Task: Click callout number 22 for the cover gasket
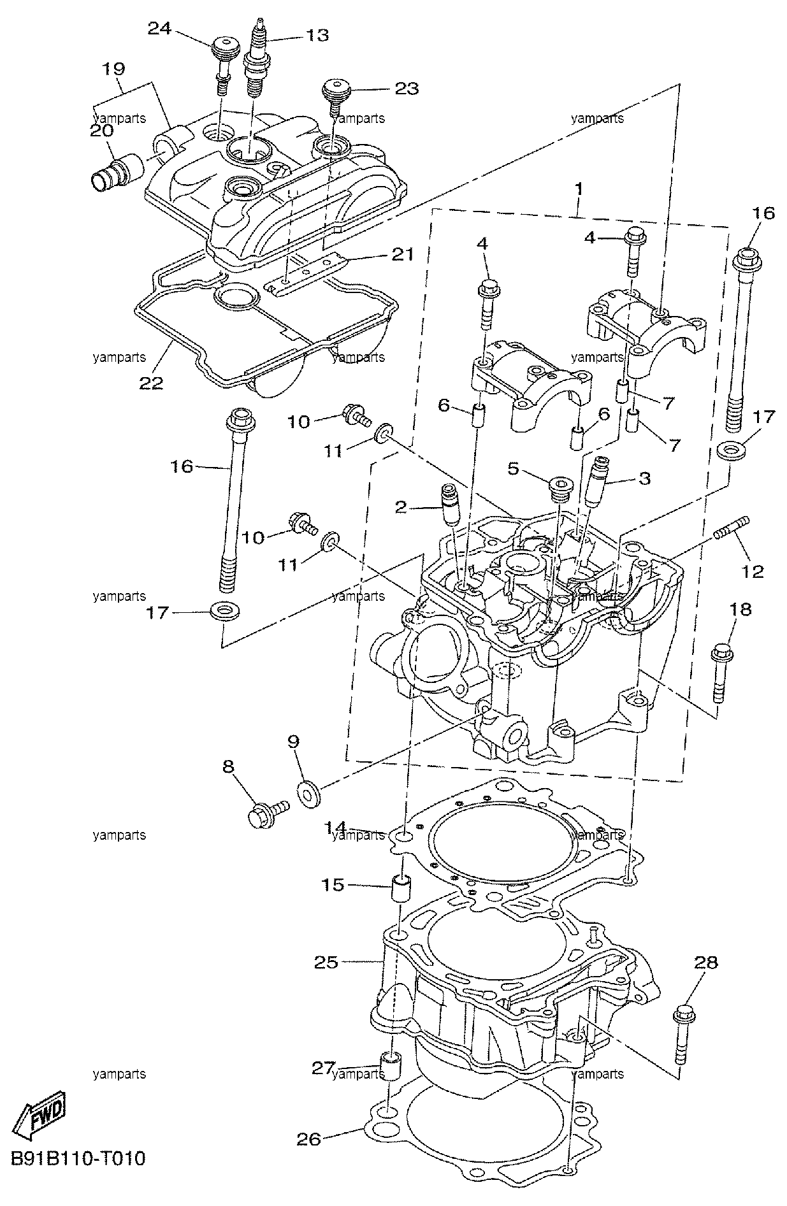pos(152,383)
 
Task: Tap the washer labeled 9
pos(309,794)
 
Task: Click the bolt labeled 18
pos(722,673)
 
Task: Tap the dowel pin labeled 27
pos(391,1070)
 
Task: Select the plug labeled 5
pos(558,485)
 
